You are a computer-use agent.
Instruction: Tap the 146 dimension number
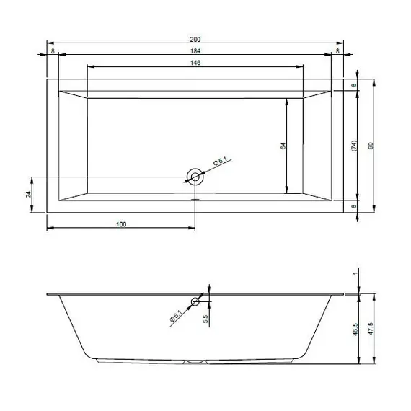click(195, 63)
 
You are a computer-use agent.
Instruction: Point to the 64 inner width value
click(283, 146)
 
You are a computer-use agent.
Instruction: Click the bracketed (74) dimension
click(353, 146)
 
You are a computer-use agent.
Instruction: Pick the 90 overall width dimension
click(370, 146)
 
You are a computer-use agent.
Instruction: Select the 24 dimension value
click(28, 195)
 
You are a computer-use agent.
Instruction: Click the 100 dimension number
click(120, 225)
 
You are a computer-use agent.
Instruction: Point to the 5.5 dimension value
click(206, 318)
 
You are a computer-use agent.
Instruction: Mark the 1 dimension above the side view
click(355, 274)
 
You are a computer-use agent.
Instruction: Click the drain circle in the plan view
click(194, 177)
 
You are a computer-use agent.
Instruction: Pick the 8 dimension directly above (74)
click(353, 85)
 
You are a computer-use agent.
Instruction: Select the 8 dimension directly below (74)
click(353, 206)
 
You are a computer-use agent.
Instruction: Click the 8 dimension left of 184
click(53, 50)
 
